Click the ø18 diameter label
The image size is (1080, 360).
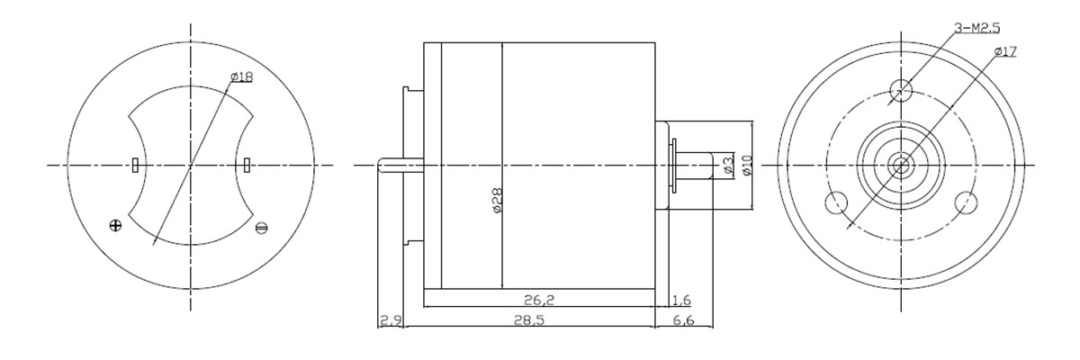coord(241,76)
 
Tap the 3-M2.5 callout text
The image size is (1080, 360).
coord(976,29)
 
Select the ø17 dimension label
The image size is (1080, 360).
coord(1005,51)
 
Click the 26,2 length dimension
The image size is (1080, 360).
coord(539,300)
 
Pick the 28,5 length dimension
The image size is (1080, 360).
coord(529,320)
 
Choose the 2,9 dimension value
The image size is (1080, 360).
coord(391,320)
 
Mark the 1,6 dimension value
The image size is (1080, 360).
coord(681,300)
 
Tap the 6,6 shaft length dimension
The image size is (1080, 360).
coord(683,320)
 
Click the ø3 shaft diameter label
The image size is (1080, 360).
coord(727,166)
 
